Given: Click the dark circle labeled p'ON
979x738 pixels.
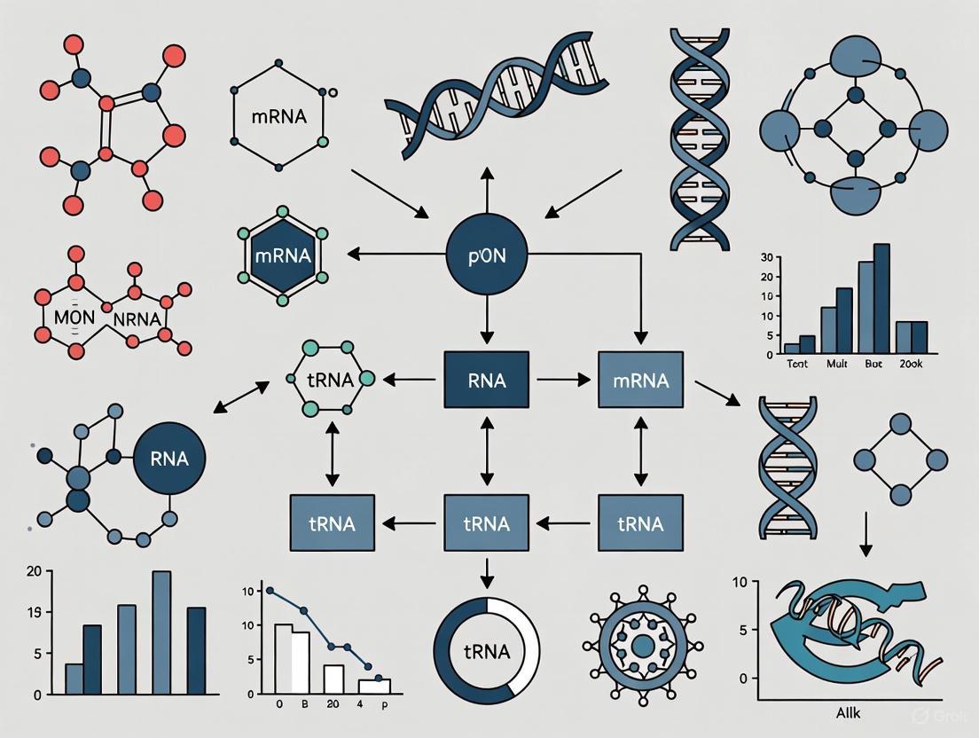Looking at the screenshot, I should (486, 255).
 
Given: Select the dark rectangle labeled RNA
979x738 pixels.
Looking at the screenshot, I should (486, 380).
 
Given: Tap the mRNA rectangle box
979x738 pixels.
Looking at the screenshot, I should (640, 380).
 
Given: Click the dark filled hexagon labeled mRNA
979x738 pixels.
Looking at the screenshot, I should (282, 255).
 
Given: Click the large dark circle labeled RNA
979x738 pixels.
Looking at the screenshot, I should (168, 459).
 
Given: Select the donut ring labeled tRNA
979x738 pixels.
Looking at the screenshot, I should (486, 651).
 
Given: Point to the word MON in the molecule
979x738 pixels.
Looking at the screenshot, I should (74, 317).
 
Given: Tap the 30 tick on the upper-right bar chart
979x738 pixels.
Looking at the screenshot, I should (769, 257).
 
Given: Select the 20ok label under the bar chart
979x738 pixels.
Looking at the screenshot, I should (910, 364).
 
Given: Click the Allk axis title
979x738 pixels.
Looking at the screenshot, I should (850, 712).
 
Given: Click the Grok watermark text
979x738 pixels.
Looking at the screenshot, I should (938, 715).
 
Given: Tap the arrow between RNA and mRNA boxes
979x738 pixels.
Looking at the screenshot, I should (563, 380).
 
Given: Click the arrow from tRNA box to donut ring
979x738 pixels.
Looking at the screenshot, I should (486, 574).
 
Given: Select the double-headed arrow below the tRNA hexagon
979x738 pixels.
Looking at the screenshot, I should (332, 453).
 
